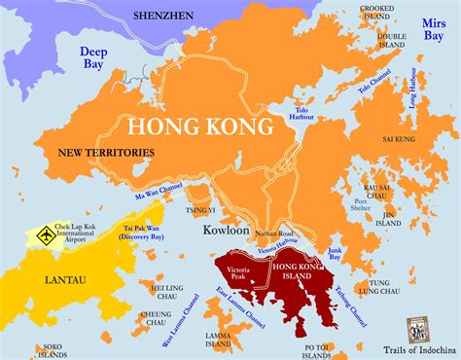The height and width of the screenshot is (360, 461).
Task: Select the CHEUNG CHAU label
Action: tap(156, 318)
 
